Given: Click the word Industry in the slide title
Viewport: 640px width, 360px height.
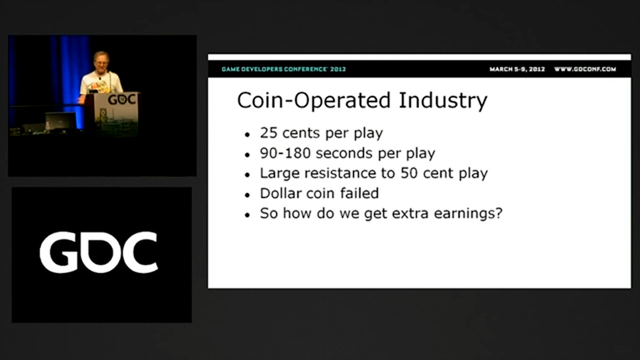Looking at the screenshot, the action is (x=443, y=101).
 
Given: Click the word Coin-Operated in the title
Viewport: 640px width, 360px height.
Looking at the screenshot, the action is (x=313, y=101).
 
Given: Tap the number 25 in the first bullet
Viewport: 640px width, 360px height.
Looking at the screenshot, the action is (x=268, y=133).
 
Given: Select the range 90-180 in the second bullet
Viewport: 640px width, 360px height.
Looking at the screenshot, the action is (x=285, y=153).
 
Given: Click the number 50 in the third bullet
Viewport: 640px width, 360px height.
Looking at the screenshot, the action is (x=409, y=173).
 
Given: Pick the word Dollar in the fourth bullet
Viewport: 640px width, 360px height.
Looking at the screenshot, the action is (x=280, y=193).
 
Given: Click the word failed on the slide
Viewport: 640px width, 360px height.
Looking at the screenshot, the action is (x=359, y=193).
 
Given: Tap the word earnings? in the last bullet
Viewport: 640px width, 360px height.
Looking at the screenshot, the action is (x=468, y=213).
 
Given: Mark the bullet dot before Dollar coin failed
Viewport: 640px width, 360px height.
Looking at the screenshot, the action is (x=247, y=195).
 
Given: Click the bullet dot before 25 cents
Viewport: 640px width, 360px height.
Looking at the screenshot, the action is (x=247, y=134).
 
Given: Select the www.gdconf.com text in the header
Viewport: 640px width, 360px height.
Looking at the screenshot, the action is (x=585, y=69).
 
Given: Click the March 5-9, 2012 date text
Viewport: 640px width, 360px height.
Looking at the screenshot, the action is (x=517, y=69).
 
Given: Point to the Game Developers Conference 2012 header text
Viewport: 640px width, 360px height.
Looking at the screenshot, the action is (x=283, y=69).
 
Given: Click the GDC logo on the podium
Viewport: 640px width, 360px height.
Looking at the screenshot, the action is (x=121, y=99).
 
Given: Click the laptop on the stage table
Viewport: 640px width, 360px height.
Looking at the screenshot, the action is (x=60, y=122).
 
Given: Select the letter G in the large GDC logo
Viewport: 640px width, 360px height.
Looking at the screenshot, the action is (x=58, y=252).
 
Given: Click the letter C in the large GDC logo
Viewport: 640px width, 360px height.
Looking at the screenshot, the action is (x=140, y=252).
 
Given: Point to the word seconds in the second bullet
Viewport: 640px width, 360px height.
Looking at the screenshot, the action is (x=344, y=153).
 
